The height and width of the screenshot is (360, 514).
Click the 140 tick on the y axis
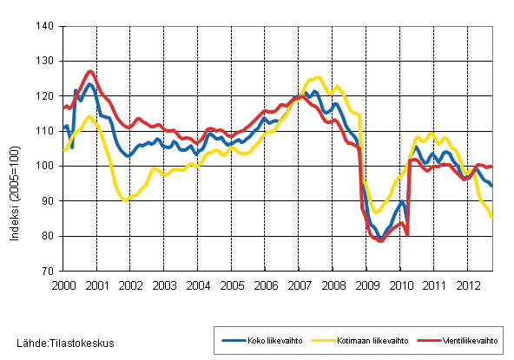point(47,27)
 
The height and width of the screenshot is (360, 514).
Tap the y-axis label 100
point(47,166)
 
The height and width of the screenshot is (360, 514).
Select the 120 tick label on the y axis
point(47,96)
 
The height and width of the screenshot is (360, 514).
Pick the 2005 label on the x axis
point(232,285)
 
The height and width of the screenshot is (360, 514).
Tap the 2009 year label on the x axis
point(367,285)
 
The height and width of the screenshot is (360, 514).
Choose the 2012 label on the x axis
point(469,285)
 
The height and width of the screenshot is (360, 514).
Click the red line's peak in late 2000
point(91,71)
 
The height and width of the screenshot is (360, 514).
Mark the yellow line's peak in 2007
point(317,77)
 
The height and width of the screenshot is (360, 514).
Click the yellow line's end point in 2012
point(493,217)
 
